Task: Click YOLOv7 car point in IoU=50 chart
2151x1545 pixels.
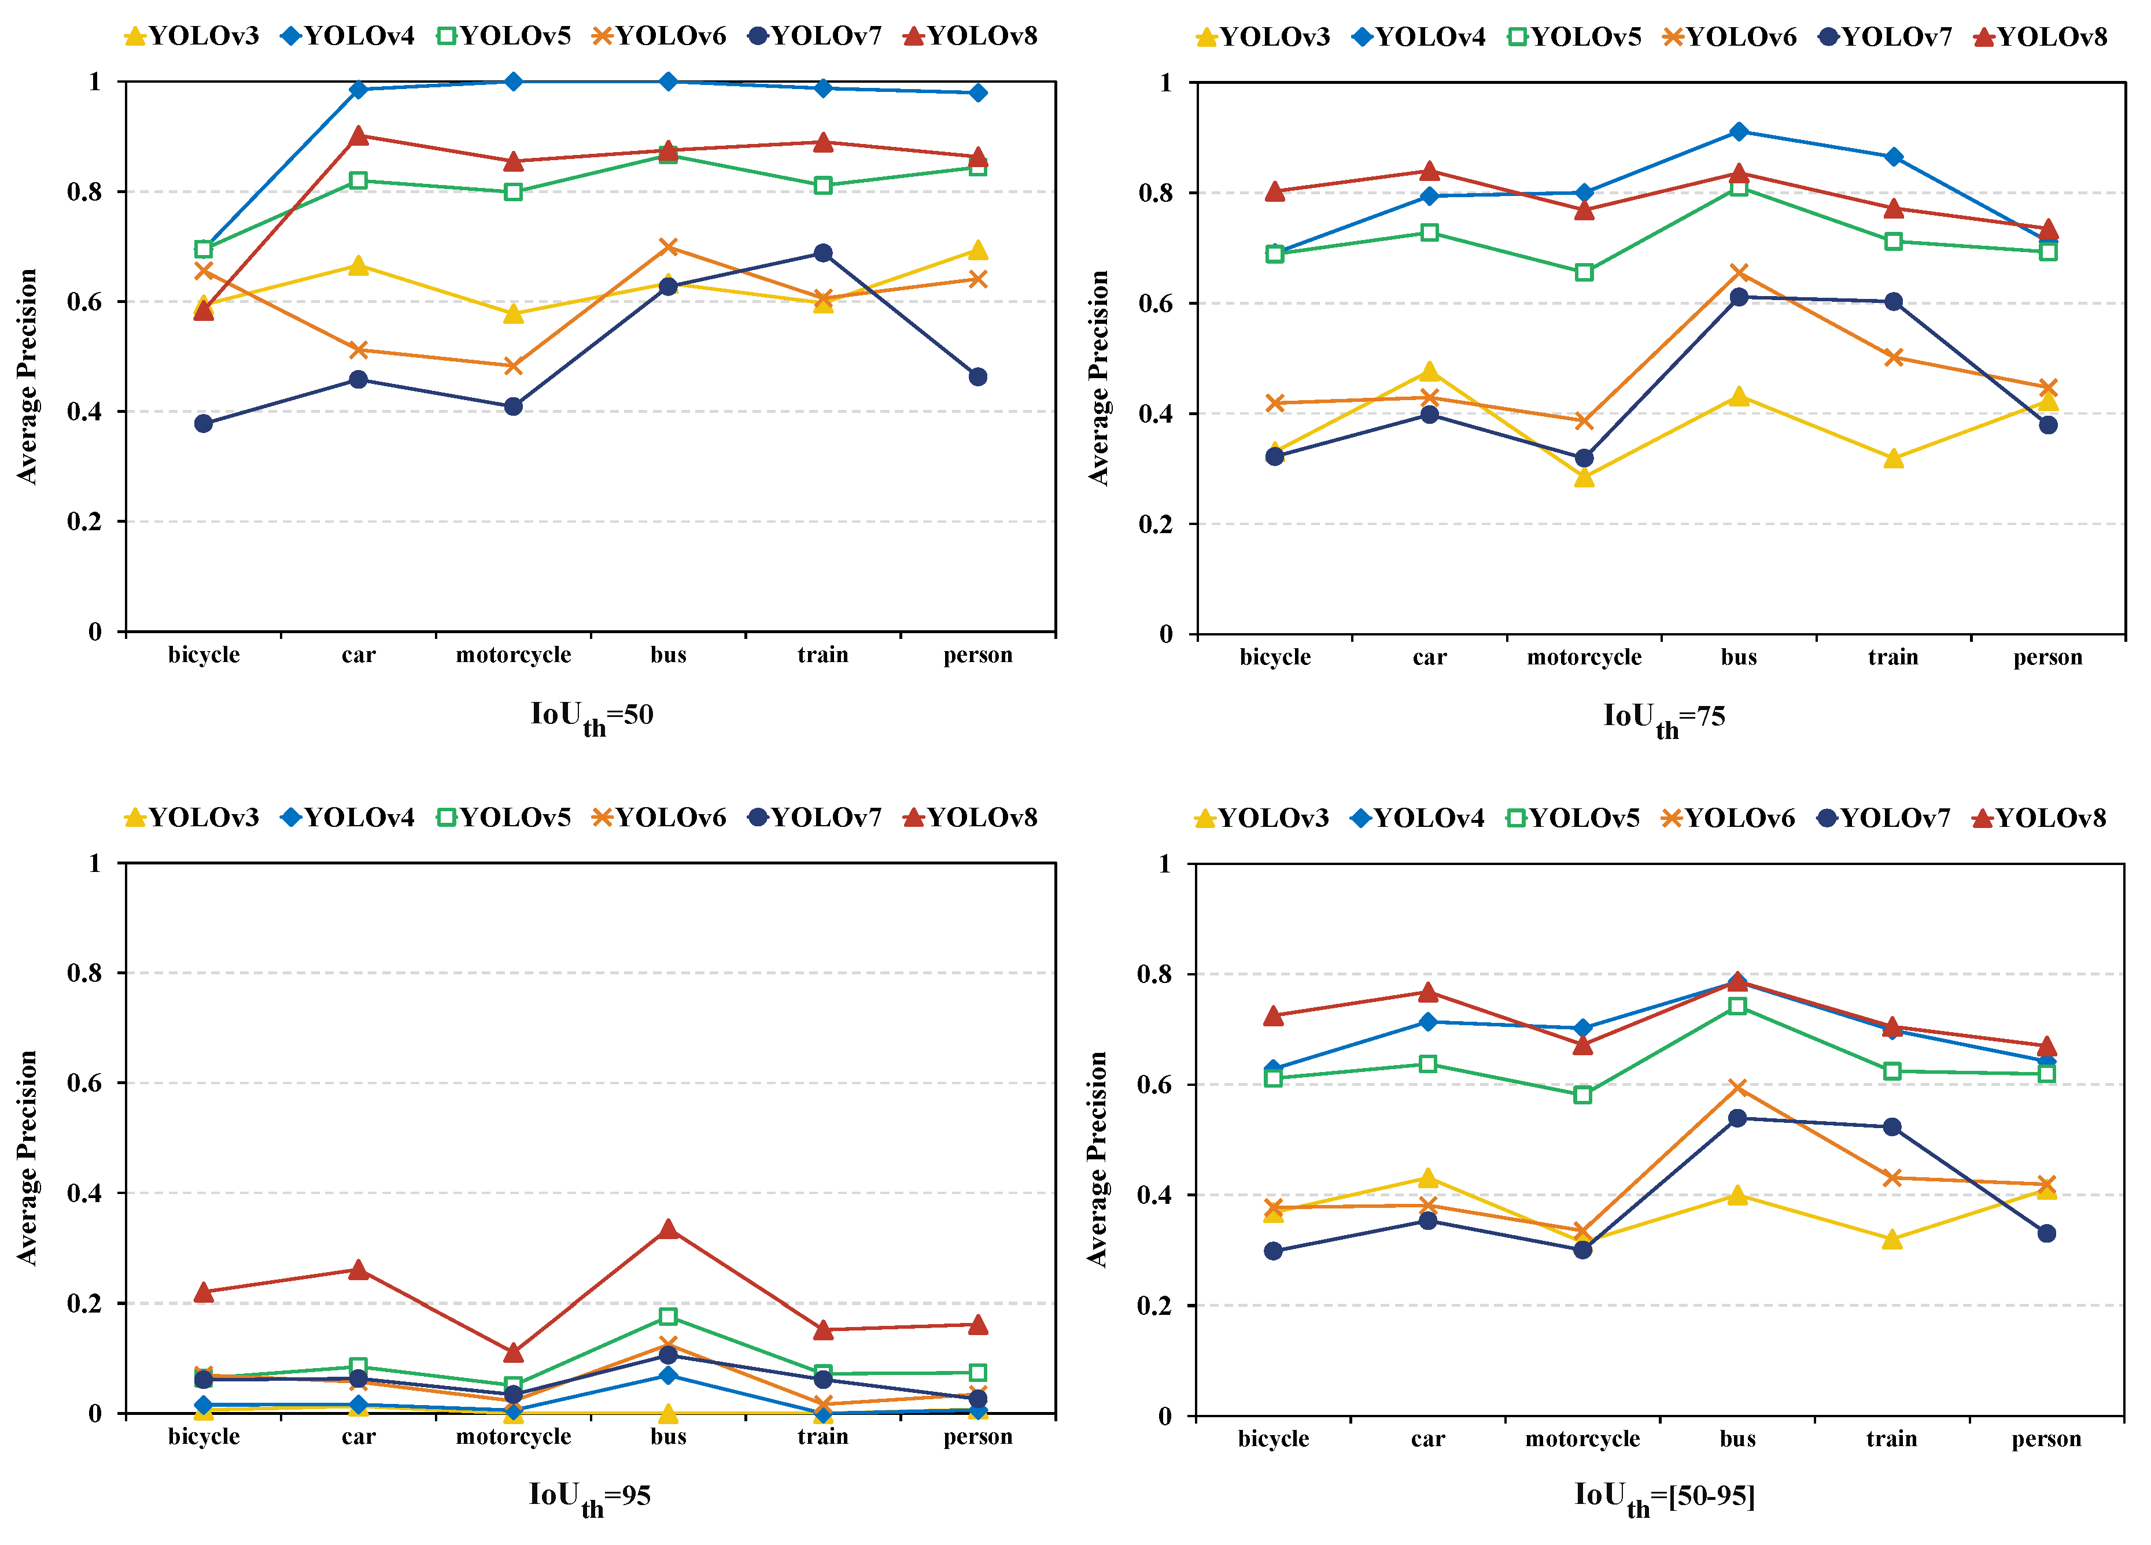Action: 359,379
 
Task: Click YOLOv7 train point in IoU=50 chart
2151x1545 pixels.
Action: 822,253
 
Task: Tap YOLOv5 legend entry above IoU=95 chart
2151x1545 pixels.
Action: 504,818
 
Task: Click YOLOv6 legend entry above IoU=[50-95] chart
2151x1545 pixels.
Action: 1728,818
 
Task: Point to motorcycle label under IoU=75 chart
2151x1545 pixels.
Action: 1584,657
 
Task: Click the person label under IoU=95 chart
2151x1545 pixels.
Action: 978,1437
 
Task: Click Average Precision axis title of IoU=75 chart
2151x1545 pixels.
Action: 1098,378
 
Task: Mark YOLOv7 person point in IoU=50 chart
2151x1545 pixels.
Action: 978,376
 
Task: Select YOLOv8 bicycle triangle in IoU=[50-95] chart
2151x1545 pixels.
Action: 1273,1017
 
